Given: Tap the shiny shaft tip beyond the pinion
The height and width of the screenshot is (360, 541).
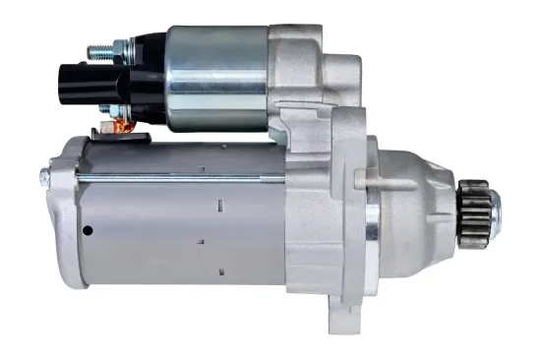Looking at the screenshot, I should (x=494, y=206).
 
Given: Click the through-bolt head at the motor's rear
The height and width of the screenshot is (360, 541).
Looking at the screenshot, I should (x=44, y=177).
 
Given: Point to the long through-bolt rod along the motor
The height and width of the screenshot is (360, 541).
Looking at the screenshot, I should (x=197, y=177).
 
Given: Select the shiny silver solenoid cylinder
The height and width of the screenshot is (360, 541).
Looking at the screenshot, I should (x=216, y=79).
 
